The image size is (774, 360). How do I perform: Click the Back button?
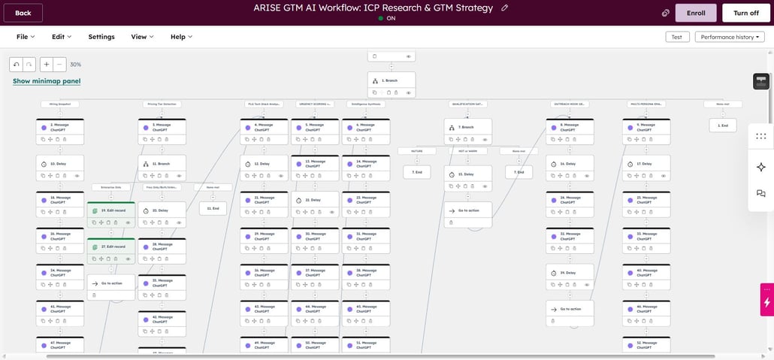coord(23,13)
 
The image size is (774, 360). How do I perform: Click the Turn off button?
coord(745,13)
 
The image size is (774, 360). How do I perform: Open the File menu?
coord(26,37)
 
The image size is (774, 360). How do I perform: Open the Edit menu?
coord(62,37)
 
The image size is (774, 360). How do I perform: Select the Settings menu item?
coord(101,37)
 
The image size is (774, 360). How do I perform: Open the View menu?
coord(142,37)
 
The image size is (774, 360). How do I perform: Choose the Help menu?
coord(181,37)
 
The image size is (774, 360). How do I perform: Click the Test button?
coord(676,37)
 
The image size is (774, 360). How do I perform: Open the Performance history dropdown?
coord(729,37)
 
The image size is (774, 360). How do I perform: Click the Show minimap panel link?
coord(47,81)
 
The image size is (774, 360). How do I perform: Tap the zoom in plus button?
coord(47,65)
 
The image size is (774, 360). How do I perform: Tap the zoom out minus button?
coord(60,65)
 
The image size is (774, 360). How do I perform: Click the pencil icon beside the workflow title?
coord(505,8)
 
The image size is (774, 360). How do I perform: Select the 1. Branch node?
coord(391,80)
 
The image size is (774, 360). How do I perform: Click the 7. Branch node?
coord(467,127)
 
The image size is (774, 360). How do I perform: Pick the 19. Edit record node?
coord(111,211)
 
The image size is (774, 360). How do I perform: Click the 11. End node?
coord(213,208)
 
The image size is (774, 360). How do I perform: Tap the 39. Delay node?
coord(570,273)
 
